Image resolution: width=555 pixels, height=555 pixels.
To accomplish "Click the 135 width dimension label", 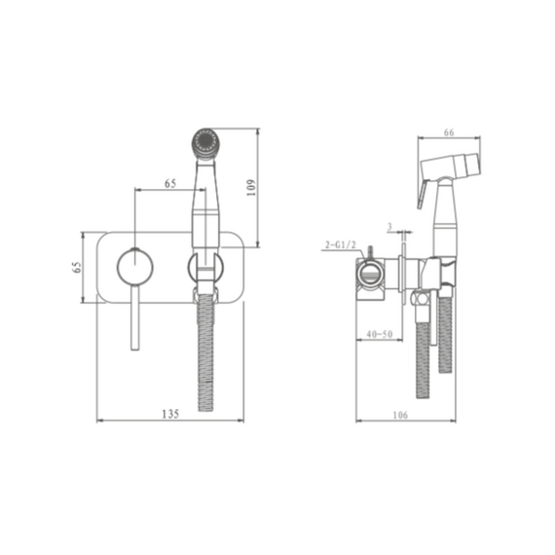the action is click(170, 414).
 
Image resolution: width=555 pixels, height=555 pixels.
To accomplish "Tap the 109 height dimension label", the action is click(251, 188).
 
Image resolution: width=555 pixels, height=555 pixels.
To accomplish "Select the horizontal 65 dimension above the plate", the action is click(170, 183).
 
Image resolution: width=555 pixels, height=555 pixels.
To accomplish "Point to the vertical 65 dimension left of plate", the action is click(77, 267).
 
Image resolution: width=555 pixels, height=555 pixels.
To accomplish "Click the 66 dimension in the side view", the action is click(449, 132).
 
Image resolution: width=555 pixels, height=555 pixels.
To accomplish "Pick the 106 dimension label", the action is click(400, 415).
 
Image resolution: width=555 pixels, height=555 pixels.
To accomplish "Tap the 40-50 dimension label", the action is click(380, 334).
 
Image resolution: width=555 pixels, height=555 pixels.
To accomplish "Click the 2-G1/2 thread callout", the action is click(340, 244).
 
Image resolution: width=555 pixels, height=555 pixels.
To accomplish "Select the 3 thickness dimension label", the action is click(389, 226).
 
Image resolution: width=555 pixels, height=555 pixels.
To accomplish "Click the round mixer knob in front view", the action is click(135, 266).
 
